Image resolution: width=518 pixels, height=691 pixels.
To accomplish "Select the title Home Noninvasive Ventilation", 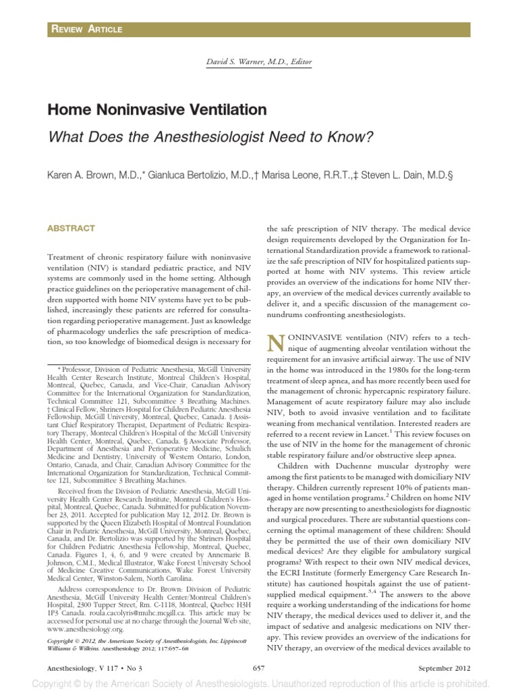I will [156, 109].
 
